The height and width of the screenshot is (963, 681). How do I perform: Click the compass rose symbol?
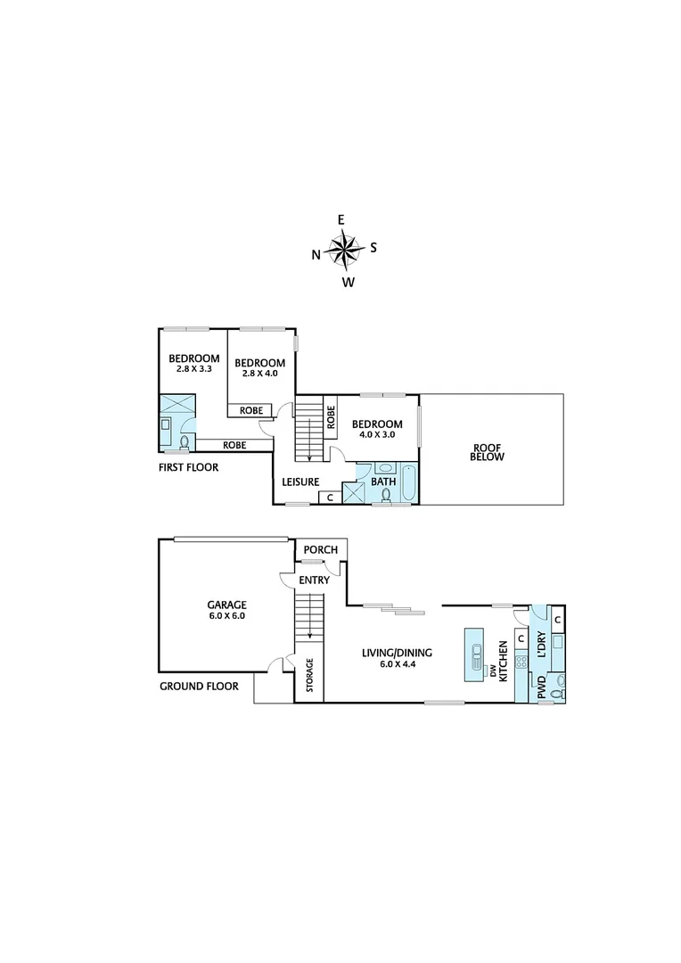pyautogui.click(x=344, y=250)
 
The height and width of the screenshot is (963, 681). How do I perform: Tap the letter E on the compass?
pyautogui.click(x=340, y=219)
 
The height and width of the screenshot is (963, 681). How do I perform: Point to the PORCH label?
pyautogui.click(x=320, y=550)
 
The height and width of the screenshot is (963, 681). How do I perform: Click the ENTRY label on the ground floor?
pyautogui.click(x=314, y=580)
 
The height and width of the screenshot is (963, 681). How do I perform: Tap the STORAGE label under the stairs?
pyautogui.click(x=310, y=675)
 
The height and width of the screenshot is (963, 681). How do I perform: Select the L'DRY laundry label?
pyautogui.click(x=540, y=644)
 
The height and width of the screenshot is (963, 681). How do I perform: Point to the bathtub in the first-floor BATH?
pyautogui.click(x=408, y=482)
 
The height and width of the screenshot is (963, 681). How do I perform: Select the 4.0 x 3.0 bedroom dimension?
pyautogui.click(x=376, y=435)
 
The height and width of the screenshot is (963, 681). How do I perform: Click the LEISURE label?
pyautogui.click(x=300, y=482)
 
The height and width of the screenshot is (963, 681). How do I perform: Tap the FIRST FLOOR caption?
pyautogui.click(x=188, y=466)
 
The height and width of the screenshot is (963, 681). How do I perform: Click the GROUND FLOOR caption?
pyautogui.click(x=199, y=687)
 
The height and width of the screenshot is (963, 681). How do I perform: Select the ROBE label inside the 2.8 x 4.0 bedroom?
pyautogui.click(x=249, y=410)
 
